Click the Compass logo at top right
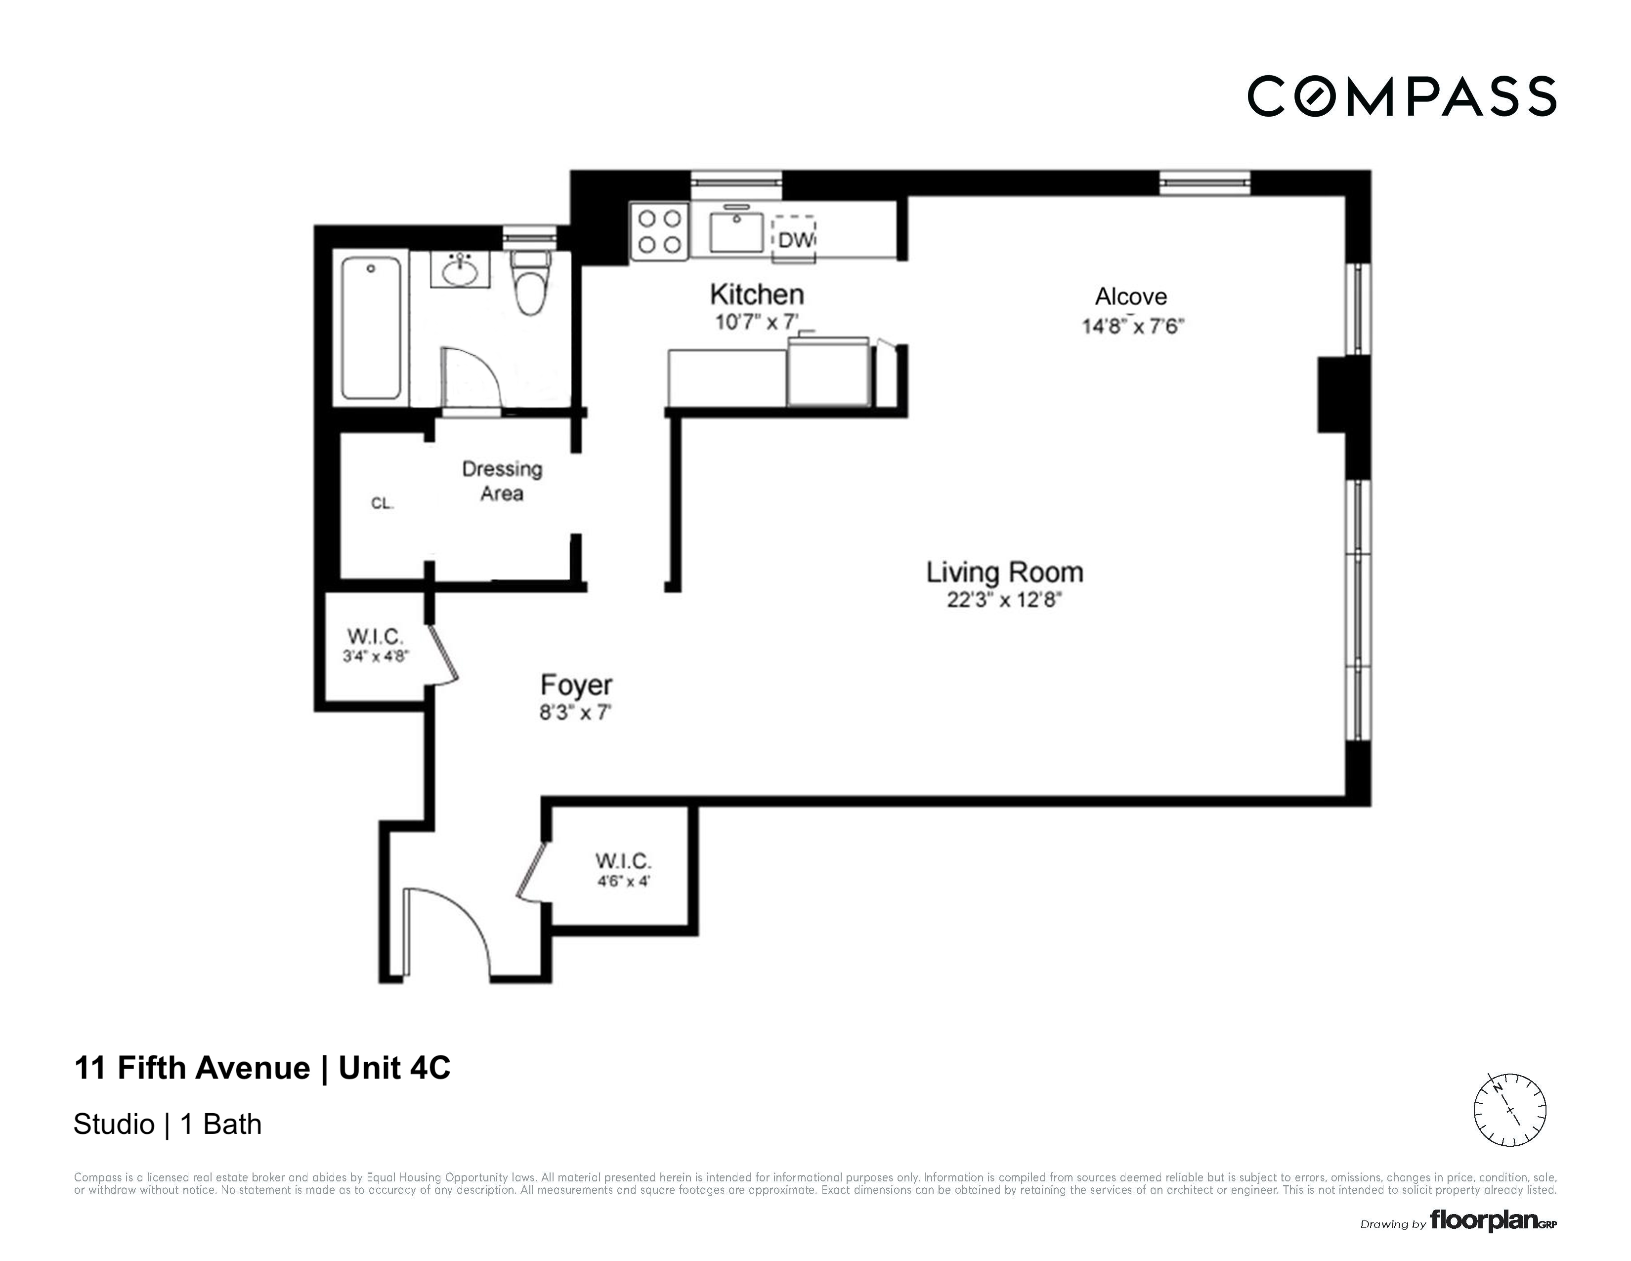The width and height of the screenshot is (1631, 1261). [x=1401, y=97]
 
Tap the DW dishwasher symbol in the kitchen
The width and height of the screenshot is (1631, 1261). [x=794, y=240]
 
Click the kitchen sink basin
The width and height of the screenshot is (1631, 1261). [x=736, y=232]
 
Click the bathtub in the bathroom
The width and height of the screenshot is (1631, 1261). [x=371, y=329]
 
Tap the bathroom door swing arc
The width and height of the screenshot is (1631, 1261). [x=472, y=377]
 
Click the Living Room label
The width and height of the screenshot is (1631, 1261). [x=1004, y=572]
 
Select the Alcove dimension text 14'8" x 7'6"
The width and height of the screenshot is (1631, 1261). [x=1133, y=326]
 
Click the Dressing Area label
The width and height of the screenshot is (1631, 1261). [x=502, y=481]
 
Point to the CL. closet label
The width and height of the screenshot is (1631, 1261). [x=382, y=503]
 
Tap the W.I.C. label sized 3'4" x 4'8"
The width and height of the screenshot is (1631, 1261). [x=375, y=645]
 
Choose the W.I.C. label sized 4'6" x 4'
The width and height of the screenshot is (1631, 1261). [x=623, y=869]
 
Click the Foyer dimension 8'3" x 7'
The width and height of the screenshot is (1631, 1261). [x=575, y=713]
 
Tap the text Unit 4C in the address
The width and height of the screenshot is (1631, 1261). [x=394, y=1068]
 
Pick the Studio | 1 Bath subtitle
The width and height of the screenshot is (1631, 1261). [x=167, y=1125]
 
